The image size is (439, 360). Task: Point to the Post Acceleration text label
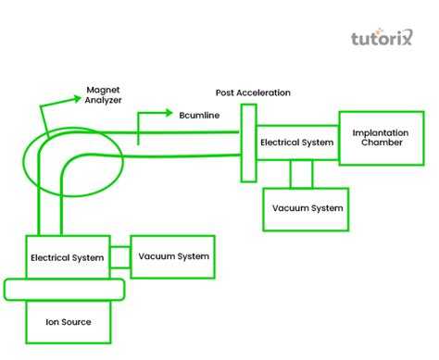[253, 93]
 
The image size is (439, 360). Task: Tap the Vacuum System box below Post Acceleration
[307, 207]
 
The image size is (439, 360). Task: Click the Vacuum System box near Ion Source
[173, 255]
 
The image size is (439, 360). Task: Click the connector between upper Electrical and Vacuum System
[301, 174]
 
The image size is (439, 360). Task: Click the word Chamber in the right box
[381, 145]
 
